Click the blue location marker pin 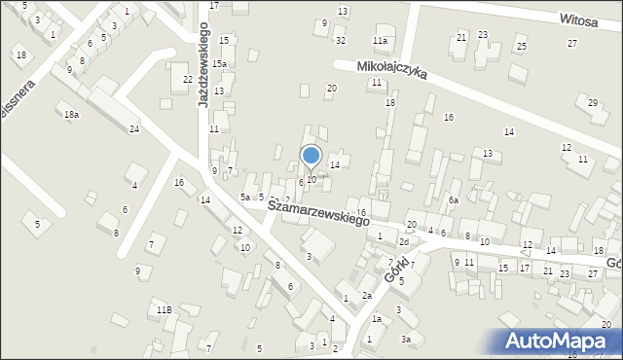(x=311, y=156)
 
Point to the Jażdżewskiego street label (x=205, y=66)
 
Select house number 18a (x=71, y=115)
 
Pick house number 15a (x=221, y=64)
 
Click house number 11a (x=380, y=41)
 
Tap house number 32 (x=340, y=41)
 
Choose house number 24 (x=134, y=129)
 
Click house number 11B (x=165, y=309)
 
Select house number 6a (x=453, y=199)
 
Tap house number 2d (x=404, y=241)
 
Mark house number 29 (x=593, y=102)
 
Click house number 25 (x=522, y=47)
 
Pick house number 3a (x=406, y=339)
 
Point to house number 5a (x=246, y=198)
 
